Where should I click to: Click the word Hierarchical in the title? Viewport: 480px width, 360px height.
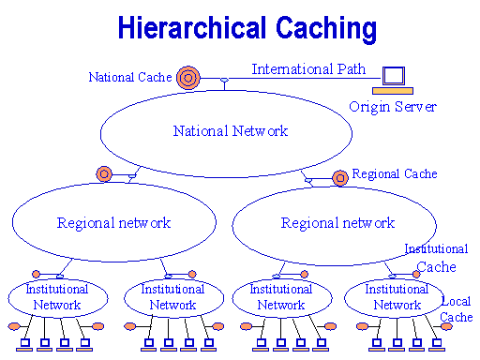tap(192, 27)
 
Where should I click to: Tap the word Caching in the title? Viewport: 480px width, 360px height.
tap(326, 29)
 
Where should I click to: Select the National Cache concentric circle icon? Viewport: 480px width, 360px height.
tap(187, 78)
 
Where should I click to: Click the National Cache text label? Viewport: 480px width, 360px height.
tap(130, 77)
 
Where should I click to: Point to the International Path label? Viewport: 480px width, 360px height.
tap(308, 69)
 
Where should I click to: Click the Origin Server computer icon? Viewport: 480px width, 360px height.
tap(393, 81)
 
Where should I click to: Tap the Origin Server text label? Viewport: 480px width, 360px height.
tap(393, 107)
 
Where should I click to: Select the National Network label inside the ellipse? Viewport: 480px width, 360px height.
tap(231, 131)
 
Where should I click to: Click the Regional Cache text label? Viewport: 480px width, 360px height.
tap(395, 173)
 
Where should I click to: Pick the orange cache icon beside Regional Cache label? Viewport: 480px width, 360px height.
tap(340, 178)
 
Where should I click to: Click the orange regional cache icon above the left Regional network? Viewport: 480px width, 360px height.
tap(104, 173)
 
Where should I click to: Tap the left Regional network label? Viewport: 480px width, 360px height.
tap(113, 223)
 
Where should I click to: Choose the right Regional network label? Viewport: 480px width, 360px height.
tap(337, 223)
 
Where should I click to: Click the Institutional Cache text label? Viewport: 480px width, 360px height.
tap(436, 258)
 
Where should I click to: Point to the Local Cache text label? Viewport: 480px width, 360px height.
tap(457, 309)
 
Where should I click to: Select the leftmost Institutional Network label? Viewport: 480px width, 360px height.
tap(57, 297)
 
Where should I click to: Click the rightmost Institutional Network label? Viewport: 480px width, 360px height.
tap(397, 297)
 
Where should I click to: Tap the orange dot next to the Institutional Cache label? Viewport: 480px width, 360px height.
tap(416, 274)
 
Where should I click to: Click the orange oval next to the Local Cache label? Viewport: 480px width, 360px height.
tap(446, 326)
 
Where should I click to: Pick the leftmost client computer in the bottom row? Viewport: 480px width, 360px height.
tap(24, 345)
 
